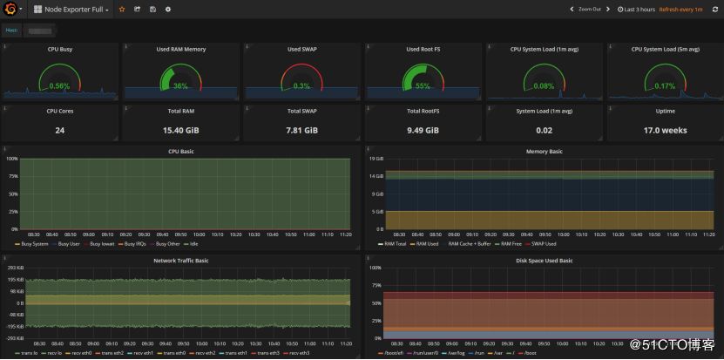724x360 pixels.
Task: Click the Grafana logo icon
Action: [x=10, y=10]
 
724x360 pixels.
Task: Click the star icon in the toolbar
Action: [x=122, y=10]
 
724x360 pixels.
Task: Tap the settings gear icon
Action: [x=168, y=10]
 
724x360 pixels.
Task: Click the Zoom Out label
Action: [x=589, y=10]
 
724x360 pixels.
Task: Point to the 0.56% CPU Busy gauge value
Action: [x=60, y=86]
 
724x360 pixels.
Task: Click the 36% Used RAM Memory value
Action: [x=180, y=86]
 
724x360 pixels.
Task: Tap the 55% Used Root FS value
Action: [x=423, y=86]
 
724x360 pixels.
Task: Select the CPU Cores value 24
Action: [x=60, y=131]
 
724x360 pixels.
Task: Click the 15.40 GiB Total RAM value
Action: [x=181, y=131]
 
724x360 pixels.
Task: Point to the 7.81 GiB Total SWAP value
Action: [x=302, y=131]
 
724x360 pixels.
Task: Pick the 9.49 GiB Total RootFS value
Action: [x=423, y=131]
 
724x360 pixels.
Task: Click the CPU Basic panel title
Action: [x=181, y=152]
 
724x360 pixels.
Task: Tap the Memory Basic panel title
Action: [x=544, y=152]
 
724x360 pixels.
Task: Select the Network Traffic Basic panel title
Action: [x=181, y=261]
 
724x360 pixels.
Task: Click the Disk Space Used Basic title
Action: [x=544, y=261]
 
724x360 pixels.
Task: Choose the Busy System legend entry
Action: [x=34, y=244]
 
